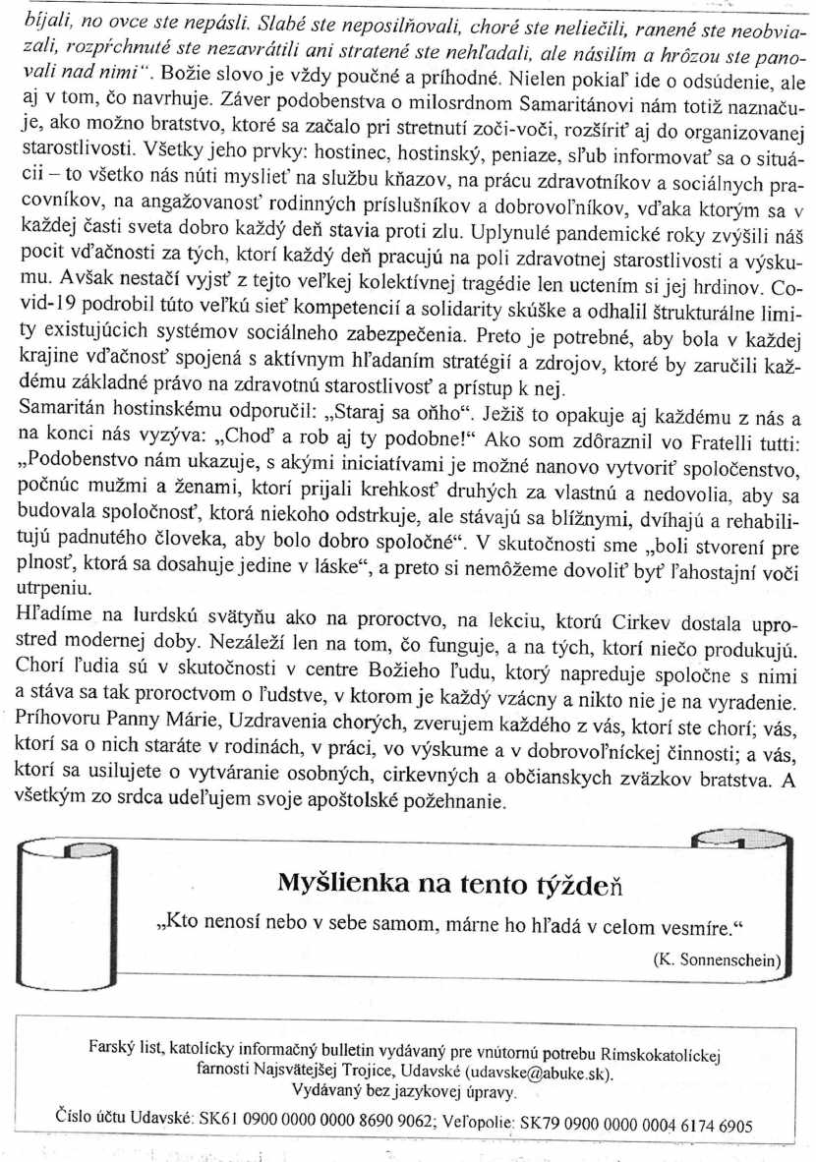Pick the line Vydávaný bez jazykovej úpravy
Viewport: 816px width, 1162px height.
pyautogui.click(x=405, y=1092)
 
